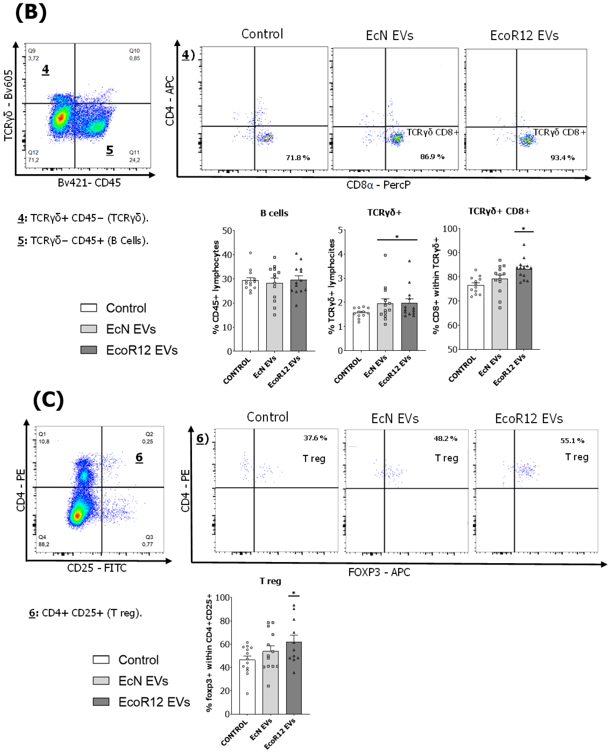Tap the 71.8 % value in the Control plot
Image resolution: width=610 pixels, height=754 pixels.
pos(298,158)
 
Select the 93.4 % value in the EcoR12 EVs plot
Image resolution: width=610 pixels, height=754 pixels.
pos(562,158)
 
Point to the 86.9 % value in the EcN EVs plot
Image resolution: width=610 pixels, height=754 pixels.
pos(432,157)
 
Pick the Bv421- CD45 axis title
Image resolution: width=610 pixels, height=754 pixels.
pos(89,183)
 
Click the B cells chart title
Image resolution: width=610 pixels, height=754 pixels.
pos(274,213)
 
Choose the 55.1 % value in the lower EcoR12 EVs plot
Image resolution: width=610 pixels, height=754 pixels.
pos(572,441)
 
